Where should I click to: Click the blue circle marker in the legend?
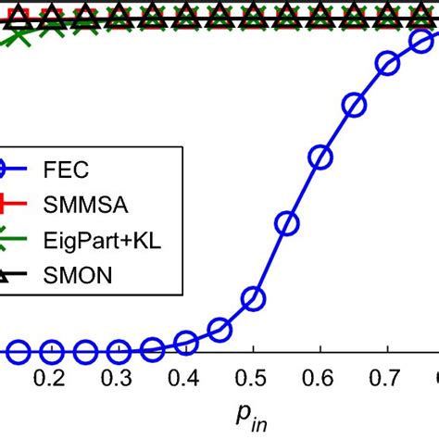pyautogui.click(x=7, y=170)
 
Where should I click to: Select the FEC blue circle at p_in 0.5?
pyautogui.click(x=253, y=298)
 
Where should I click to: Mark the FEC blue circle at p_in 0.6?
pyautogui.click(x=320, y=157)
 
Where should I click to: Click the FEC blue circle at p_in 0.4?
pyautogui.click(x=186, y=344)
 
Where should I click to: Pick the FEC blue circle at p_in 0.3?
pyautogui.click(x=119, y=352)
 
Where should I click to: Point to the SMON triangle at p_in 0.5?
pyautogui.click(x=253, y=15)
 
